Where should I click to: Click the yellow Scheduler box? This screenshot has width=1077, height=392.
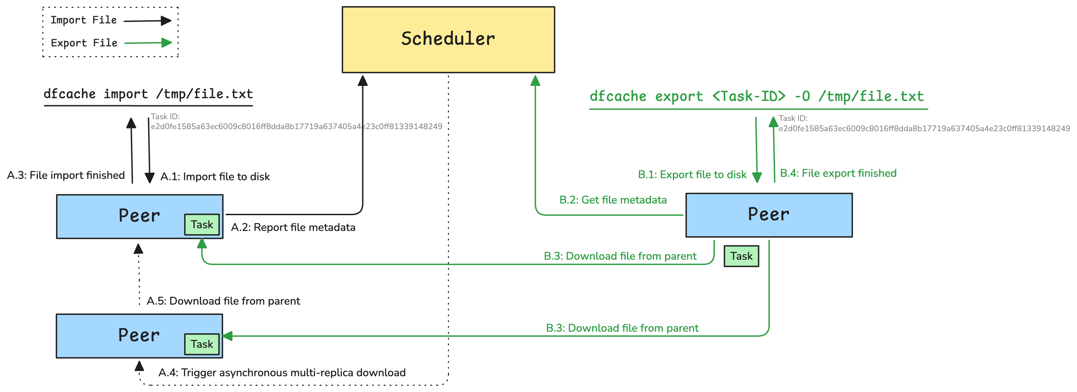tap(448, 40)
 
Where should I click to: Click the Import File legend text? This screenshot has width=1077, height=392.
tap(84, 20)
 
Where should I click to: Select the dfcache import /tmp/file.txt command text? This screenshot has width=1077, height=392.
tap(148, 94)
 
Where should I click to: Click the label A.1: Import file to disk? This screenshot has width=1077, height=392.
tap(215, 176)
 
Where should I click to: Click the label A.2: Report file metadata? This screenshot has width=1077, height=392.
tap(293, 227)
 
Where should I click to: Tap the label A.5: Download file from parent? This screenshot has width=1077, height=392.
tap(223, 301)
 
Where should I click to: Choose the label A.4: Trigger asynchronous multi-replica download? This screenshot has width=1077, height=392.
tap(281, 372)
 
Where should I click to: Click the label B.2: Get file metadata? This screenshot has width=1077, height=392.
tap(613, 200)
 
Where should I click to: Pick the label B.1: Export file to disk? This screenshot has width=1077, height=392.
tap(692, 174)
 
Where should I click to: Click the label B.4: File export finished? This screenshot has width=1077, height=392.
tap(838, 173)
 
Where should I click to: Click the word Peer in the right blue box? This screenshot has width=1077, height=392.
tap(768, 214)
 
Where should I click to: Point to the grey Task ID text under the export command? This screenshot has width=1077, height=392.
tap(924, 124)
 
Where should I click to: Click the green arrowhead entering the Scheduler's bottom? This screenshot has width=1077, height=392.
tap(535, 81)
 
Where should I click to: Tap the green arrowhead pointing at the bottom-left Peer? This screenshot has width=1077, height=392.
tap(228, 335)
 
